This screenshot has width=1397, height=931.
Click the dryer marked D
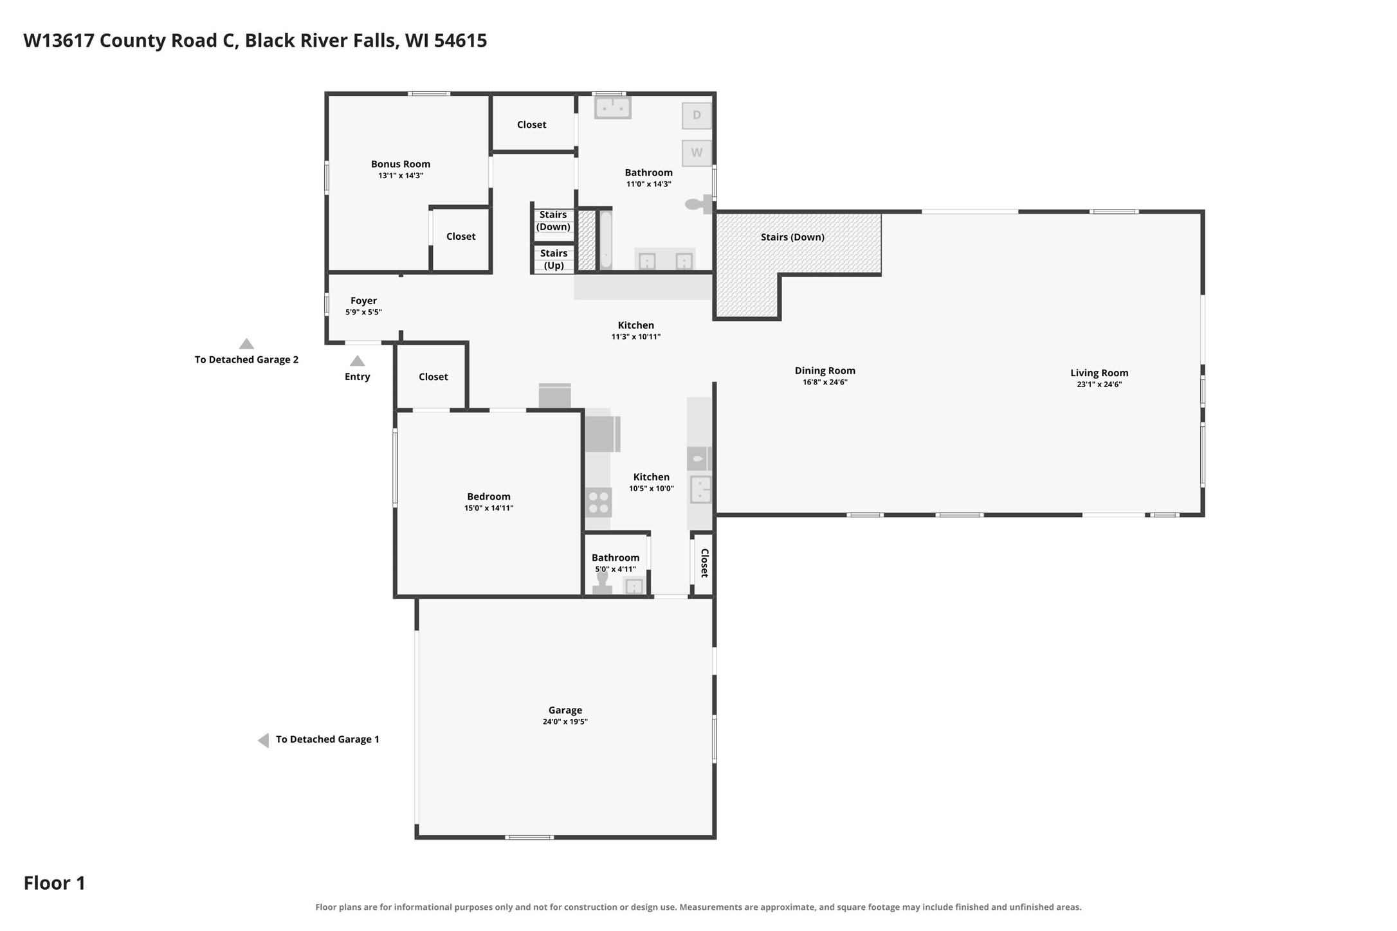(x=697, y=116)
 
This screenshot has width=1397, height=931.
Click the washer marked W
(x=697, y=153)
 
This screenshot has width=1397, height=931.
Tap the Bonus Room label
(x=401, y=164)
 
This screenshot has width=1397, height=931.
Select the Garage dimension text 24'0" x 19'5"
(x=565, y=721)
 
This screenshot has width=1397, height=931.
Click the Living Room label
(x=1099, y=373)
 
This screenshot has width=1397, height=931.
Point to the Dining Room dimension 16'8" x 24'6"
(x=825, y=382)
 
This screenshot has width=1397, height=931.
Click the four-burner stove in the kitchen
(x=599, y=502)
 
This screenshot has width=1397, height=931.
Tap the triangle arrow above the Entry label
(x=357, y=361)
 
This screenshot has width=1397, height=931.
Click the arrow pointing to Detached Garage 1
(x=263, y=740)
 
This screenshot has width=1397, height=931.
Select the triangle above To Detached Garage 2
(x=246, y=344)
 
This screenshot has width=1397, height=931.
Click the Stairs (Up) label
(x=554, y=259)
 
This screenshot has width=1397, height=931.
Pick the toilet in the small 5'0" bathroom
(x=602, y=583)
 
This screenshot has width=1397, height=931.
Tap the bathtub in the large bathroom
(x=605, y=240)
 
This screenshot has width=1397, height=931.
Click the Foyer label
(x=363, y=301)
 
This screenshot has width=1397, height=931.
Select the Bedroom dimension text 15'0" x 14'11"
(x=489, y=508)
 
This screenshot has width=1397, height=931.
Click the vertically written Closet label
(x=704, y=563)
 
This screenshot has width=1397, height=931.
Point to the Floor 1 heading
(x=55, y=883)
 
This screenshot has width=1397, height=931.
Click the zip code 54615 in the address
(x=461, y=41)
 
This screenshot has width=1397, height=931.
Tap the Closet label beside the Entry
(x=433, y=377)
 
